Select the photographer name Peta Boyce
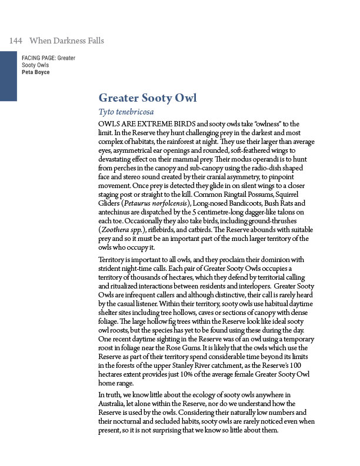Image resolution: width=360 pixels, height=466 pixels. (x=35, y=72)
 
